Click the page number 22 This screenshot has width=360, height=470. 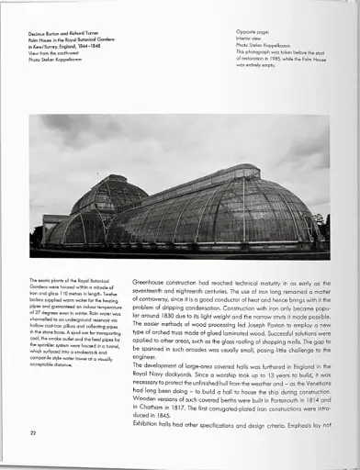click(33, 431)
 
